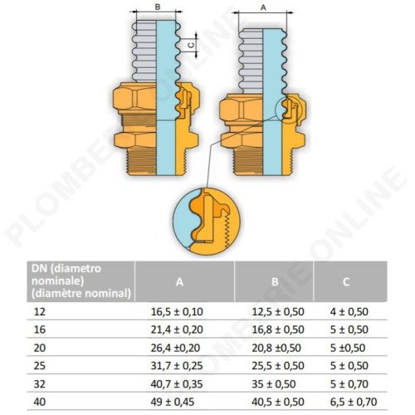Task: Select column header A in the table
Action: click(178, 281)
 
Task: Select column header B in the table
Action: click(273, 281)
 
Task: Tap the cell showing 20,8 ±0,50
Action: click(272, 349)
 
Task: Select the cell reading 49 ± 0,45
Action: click(172, 402)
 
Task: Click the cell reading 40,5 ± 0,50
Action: click(273, 402)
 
